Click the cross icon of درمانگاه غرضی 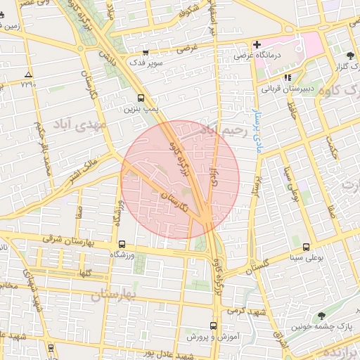tap(257, 44)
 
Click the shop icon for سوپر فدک tap(145, 52)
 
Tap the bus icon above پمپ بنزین tap(141, 98)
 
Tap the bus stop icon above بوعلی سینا tap(306, 247)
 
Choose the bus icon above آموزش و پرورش tap(213, 326)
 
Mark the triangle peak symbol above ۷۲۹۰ tap(28, 75)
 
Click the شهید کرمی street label tap(244, 309)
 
